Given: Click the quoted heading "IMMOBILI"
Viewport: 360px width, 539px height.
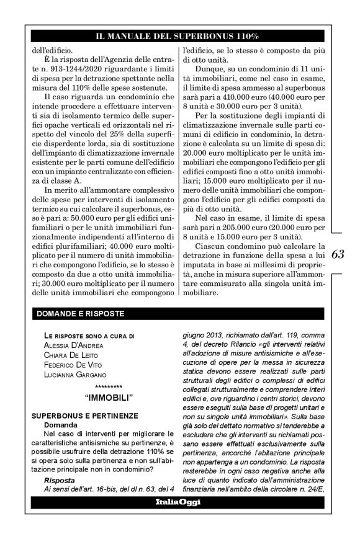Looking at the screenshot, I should coord(104,394).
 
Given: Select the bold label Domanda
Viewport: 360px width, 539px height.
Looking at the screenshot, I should coord(60,424).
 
